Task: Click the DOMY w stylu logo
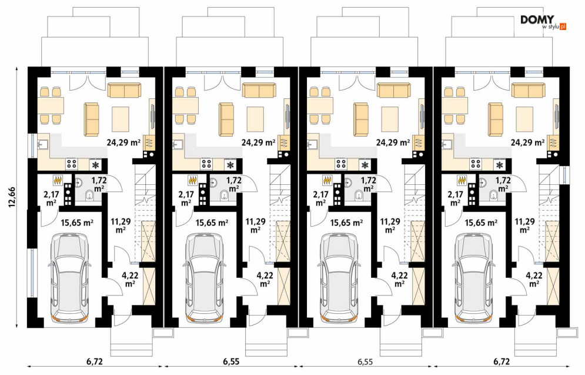point(543,22)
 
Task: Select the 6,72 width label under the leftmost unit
point(95,361)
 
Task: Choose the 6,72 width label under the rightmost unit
point(502,361)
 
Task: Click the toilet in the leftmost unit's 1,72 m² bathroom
point(89,195)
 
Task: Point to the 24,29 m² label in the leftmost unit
point(123,142)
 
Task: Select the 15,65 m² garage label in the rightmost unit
point(482,223)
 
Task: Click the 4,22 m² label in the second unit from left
point(265,280)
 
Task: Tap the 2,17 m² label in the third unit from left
point(320,198)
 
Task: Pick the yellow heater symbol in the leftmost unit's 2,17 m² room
point(58,180)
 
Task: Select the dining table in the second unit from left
point(185,105)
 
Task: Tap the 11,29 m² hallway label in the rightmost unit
point(524,225)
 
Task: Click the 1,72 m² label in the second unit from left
point(235,184)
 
